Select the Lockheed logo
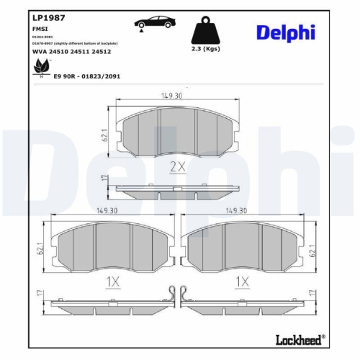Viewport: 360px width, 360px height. [x=299, y=338]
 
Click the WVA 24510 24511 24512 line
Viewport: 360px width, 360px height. [x=71, y=52]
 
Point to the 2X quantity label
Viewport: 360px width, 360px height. [x=176, y=166]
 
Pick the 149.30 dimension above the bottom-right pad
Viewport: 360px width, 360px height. [x=236, y=211]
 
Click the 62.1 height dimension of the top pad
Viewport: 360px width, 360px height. [x=104, y=134]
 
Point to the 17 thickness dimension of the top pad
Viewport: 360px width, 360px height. [x=104, y=179]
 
